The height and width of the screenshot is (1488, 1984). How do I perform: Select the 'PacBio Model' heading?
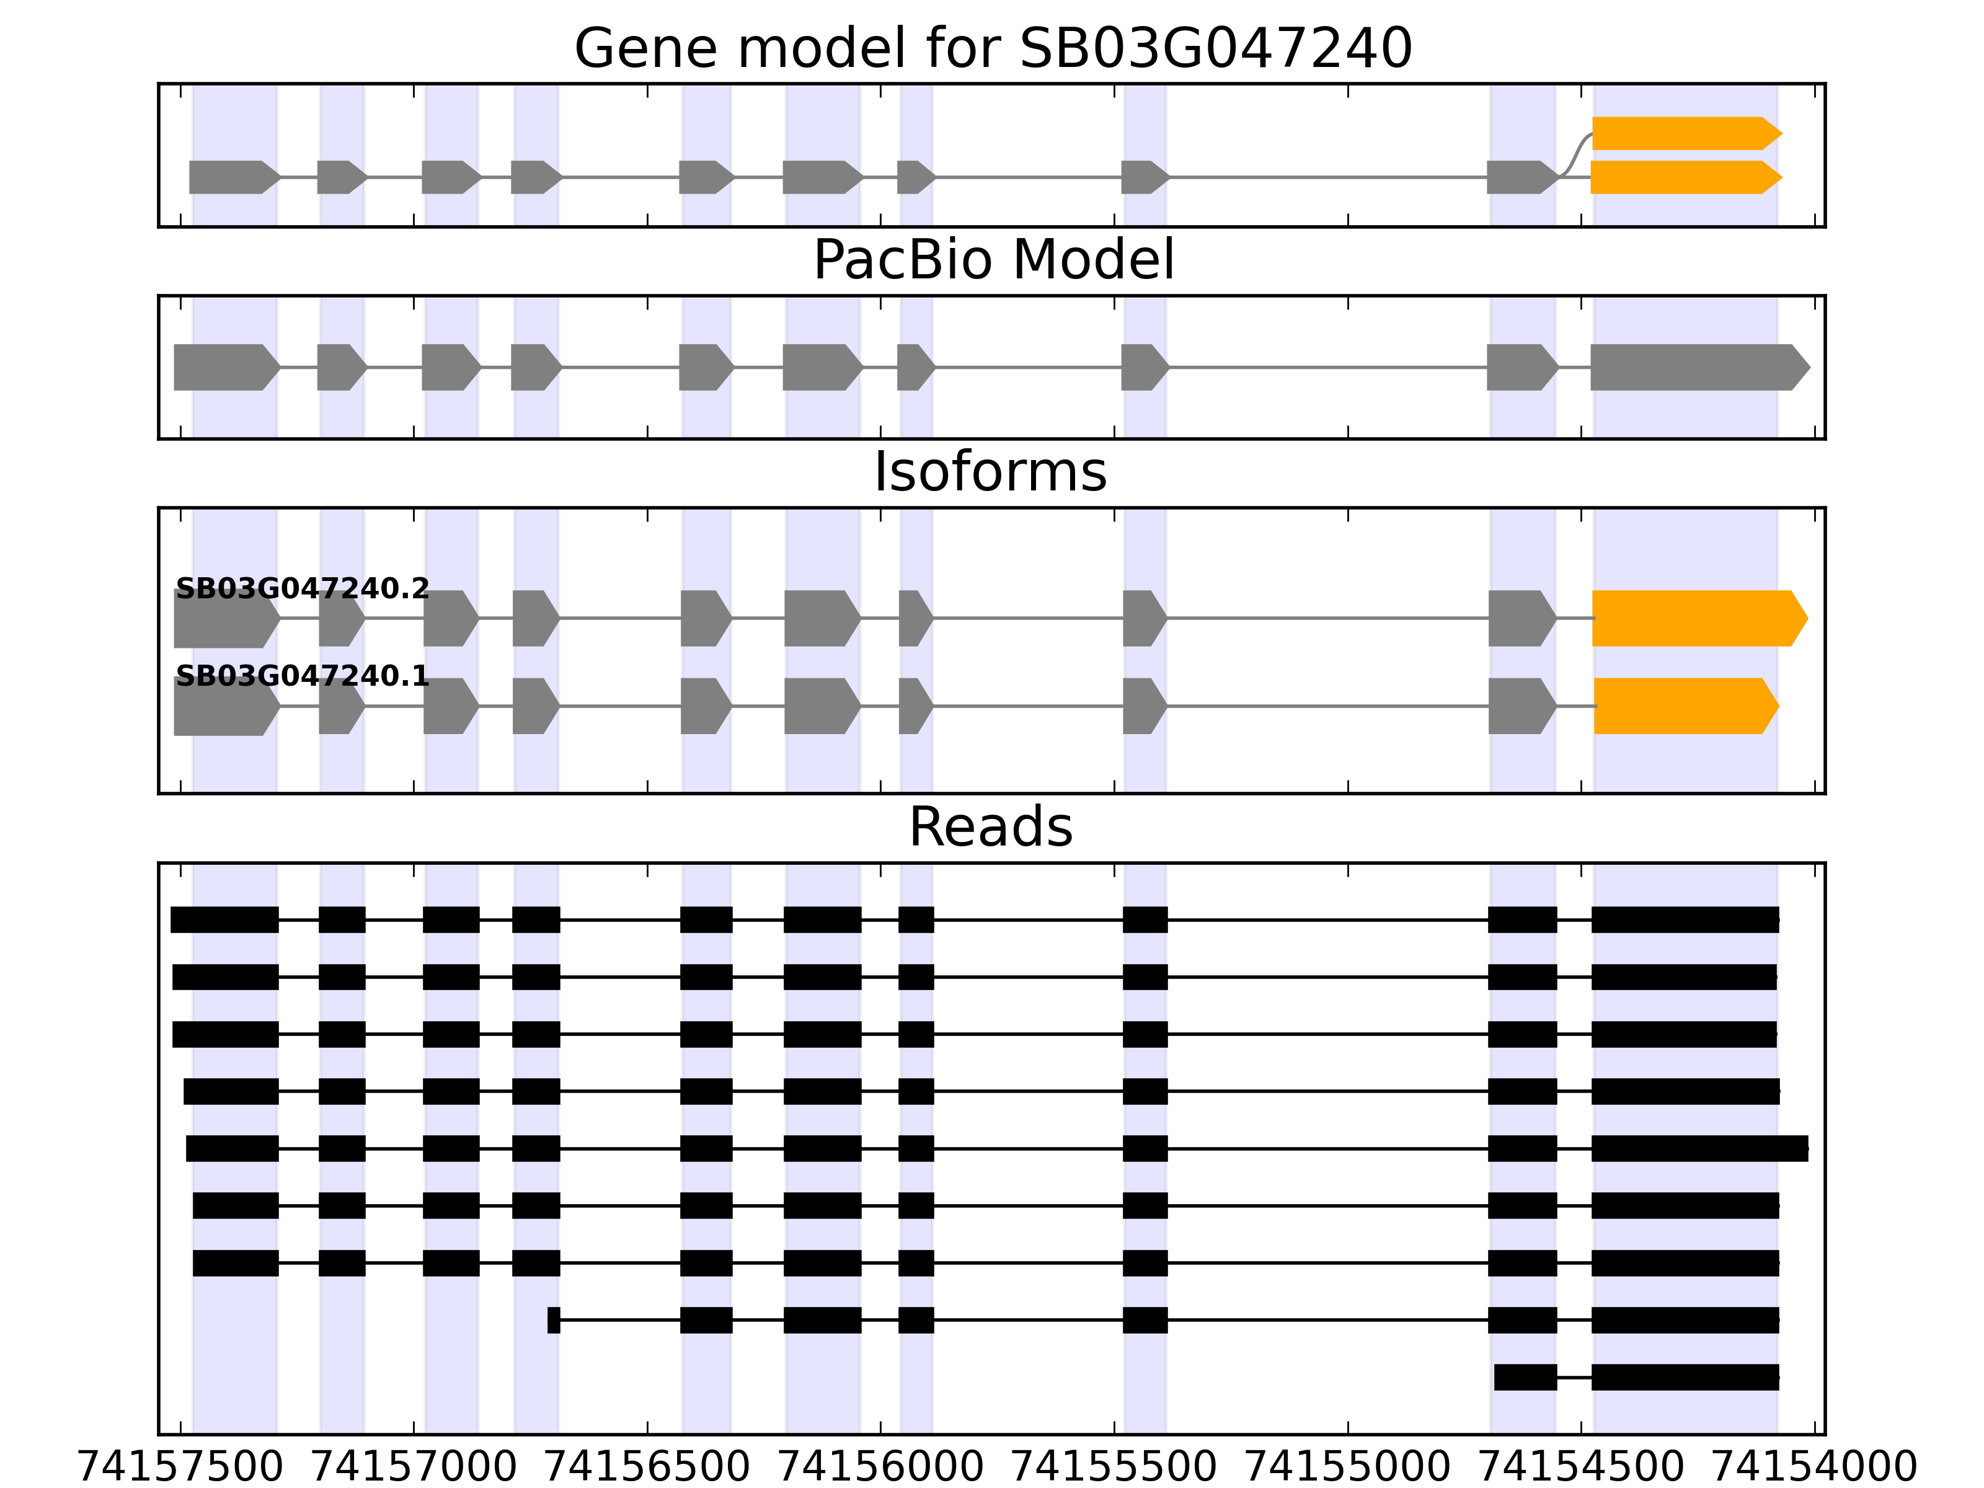tap(992, 260)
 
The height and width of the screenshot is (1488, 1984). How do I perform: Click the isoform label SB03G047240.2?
tap(303, 589)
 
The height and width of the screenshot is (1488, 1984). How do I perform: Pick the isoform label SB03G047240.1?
tap(303, 676)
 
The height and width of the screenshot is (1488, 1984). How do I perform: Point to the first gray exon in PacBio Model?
tap(224, 367)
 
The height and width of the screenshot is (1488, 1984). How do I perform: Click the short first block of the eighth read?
tap(554, 1320)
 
